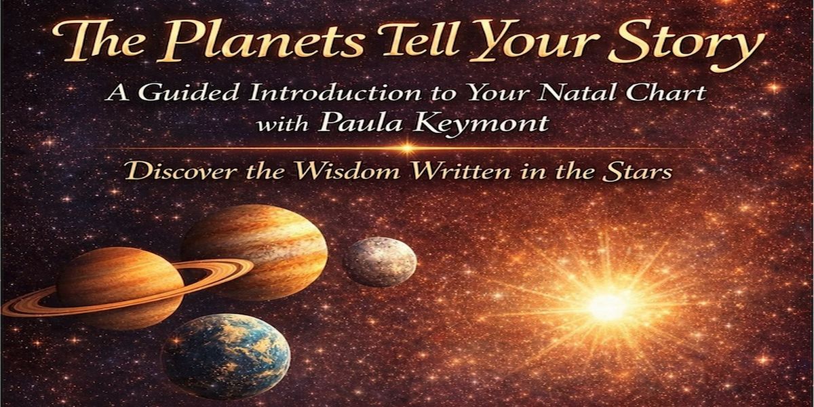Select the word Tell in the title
coord(419,40)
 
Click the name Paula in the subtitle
coord(360,123)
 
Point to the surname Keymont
coord(481,125)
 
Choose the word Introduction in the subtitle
coord(334,93)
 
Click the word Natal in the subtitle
coord(579,92)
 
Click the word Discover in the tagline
coord(182,171)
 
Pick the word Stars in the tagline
coord(637,171)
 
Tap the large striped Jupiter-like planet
coord(254,252)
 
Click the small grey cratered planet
coord(380,262)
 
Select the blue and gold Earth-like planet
coord(225,357)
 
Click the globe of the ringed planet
coord(120,287)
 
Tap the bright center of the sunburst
coord(608,307)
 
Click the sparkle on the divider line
coord(407,148)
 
